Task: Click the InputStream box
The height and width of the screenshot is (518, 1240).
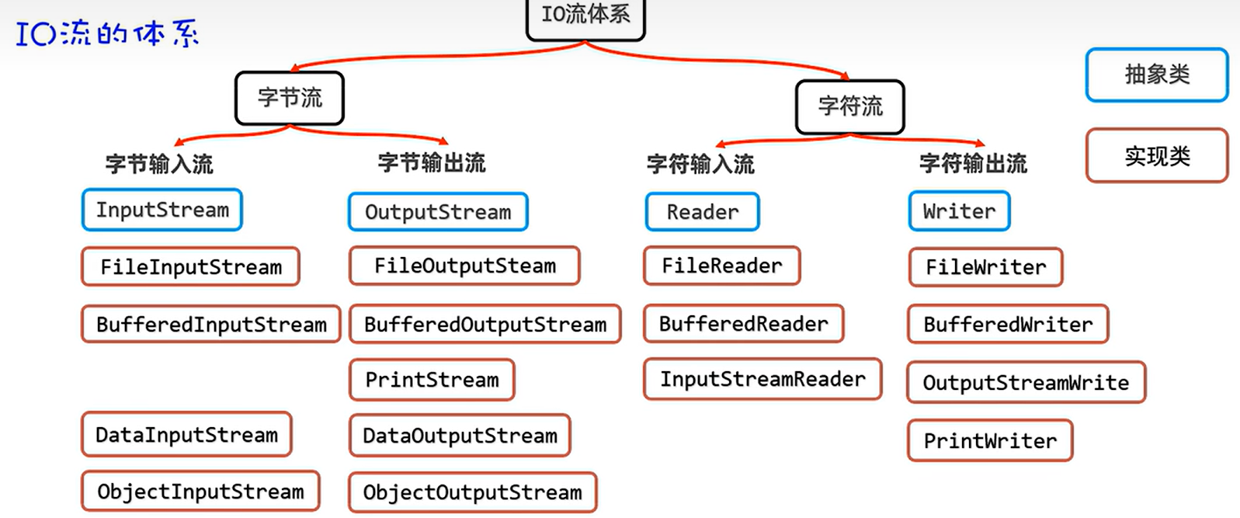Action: (162, 210)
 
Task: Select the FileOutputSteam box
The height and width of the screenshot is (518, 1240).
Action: (464, 266)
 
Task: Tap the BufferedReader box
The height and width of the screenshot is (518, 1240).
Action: (743, 323)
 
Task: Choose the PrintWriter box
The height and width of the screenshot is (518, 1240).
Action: (990, 440)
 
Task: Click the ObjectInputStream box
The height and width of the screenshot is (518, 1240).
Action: (200, 491)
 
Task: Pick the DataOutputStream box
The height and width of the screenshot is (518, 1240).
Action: (460, 435)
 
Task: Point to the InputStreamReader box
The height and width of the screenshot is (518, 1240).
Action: (762, 379)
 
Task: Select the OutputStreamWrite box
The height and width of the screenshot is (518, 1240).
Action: (1026, 382)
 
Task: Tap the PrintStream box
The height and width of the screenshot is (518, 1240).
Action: (432, 379)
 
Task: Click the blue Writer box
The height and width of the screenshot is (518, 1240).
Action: (959, 211)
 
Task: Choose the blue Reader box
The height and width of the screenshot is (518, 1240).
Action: (702, 212)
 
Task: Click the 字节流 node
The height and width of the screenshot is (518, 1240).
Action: (290, 98)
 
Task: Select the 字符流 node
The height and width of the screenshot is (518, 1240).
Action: (850, 106)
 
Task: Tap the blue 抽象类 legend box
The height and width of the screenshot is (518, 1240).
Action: (1157, 75)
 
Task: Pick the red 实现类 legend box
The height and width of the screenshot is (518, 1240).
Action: (1157, 155)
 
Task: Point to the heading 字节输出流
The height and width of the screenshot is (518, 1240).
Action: (432, 163)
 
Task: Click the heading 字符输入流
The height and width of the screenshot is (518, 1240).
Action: (700, 164)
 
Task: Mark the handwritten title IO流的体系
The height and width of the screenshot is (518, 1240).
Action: (107, 33)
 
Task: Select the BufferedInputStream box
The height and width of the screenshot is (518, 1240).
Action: (211, 324)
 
